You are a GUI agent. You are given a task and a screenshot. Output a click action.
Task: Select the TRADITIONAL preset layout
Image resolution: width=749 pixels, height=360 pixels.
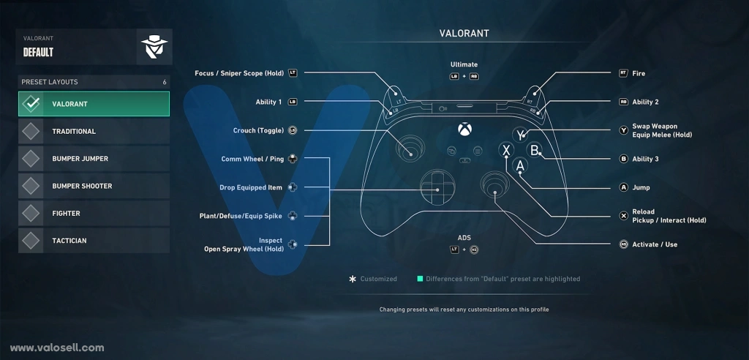94,132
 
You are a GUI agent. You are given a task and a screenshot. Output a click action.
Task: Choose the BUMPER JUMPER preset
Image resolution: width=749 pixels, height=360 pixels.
94,159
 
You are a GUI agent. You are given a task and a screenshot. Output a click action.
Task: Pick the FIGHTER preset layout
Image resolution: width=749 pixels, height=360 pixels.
94,213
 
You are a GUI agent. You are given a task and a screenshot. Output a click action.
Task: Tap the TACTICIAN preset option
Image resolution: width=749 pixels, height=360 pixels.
94,241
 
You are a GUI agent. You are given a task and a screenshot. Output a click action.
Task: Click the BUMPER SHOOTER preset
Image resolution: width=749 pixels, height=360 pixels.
94,186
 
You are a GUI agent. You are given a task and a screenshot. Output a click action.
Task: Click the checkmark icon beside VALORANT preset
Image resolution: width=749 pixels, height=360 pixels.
31,104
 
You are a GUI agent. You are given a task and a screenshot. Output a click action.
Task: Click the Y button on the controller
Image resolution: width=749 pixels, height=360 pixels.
520,135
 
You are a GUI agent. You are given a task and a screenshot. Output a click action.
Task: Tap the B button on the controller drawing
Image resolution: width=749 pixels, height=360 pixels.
534,150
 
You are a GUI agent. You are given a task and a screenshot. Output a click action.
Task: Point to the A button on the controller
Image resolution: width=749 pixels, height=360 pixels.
520,165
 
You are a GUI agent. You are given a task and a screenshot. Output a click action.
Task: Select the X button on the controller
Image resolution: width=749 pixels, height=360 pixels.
506,150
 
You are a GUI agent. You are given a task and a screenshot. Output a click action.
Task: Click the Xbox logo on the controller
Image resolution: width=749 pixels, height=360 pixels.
464,130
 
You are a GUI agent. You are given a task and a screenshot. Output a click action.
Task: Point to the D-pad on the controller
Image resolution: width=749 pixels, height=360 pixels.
437,190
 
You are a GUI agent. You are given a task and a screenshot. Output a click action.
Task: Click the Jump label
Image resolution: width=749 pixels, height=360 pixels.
641,187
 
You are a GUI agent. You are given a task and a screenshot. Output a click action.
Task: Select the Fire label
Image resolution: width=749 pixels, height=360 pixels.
638,73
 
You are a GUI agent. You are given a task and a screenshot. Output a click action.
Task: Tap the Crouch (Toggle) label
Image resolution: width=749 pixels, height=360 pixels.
258,130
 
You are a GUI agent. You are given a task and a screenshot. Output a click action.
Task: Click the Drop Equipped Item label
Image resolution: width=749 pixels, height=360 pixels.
251,187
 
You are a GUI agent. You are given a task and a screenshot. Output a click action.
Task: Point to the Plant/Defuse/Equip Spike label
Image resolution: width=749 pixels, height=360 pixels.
241,216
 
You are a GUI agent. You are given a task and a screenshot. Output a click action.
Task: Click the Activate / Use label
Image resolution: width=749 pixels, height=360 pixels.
655,244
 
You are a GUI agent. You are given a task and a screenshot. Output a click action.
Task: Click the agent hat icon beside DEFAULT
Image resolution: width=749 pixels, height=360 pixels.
154,47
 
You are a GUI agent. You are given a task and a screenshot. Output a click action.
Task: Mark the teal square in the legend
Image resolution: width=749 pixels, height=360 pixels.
420,279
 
